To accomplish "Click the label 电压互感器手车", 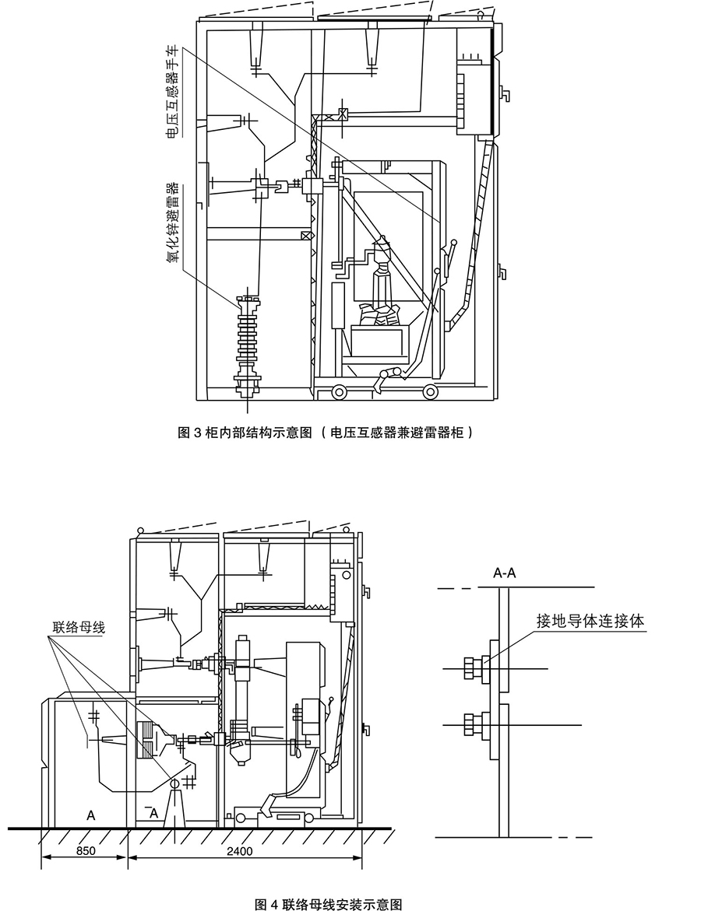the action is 174,93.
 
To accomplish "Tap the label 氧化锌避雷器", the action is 174,223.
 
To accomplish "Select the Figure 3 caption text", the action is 325,433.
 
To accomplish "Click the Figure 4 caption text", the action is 329,904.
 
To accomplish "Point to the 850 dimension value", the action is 86,851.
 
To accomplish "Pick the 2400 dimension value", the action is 240,851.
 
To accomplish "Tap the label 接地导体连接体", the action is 590,621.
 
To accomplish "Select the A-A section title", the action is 505,573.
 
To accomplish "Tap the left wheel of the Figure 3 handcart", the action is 339,393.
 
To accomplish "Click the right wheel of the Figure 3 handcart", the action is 429,393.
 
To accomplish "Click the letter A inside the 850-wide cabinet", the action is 91,816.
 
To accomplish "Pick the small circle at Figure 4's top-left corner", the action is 139,531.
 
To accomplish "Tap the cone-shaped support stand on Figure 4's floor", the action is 174,804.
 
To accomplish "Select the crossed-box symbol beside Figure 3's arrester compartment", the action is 306,237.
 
